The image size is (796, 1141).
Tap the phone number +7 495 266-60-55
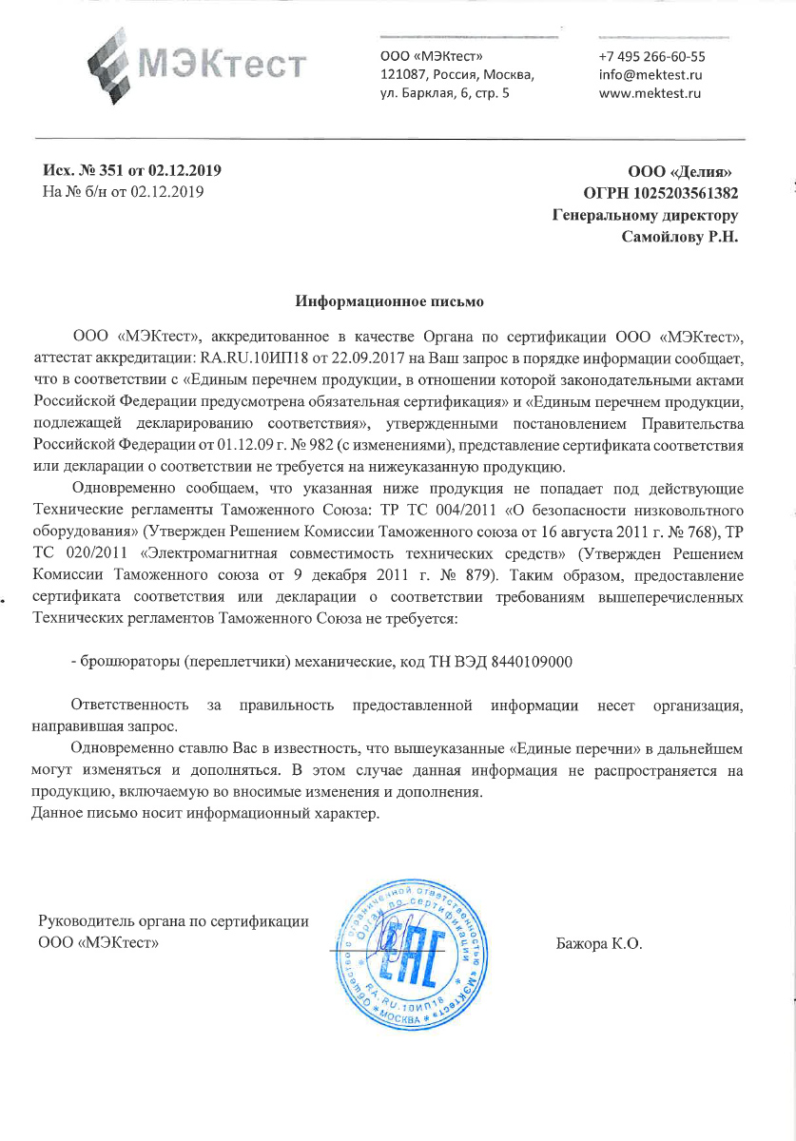pos(651,56)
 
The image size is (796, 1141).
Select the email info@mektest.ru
pos(650,75)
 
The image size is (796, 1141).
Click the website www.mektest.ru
pos(650,93)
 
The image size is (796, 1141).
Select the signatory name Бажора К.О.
pos(599,944)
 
